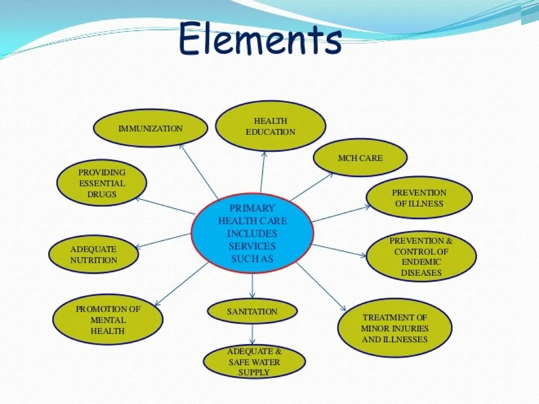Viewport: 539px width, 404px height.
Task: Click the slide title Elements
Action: (x=261, y=39)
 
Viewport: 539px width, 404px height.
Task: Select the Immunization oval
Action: (x=151, y=128)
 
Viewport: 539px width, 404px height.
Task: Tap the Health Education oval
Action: (x=270, y=126)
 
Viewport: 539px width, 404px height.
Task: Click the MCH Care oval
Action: (x=360, y=158)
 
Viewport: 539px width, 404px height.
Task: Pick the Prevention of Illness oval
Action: (x=419, y=198)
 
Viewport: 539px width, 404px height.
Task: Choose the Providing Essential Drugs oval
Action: (x=102, y=183)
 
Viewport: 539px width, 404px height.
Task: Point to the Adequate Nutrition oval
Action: (x=93, y=254)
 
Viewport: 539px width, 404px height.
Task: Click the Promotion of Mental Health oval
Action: (x=108, y=320)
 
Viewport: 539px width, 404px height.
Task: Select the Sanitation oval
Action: (x=252, y=311)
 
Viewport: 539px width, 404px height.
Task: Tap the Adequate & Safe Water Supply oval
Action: (x=254, y=362)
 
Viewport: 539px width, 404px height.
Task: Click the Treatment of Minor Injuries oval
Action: (x=395, y=328)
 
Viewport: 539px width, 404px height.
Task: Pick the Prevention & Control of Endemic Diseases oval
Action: (x=421, y=256)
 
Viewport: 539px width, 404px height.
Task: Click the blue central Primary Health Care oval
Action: (x=252, y=233)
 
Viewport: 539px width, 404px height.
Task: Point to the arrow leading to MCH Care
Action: (x=312, y=187)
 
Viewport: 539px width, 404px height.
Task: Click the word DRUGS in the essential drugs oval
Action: (x=102, y=194)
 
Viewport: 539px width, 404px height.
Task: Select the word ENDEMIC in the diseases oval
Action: (x=421, y=262)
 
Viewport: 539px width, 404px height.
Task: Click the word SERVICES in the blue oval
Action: (x=252, y=246)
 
